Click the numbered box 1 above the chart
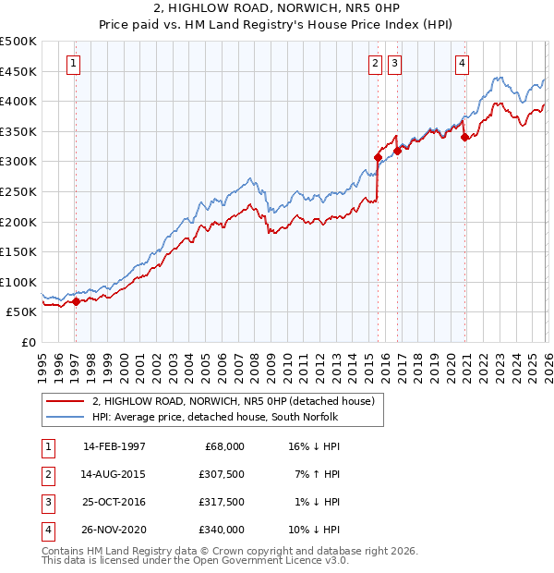coord(74,64)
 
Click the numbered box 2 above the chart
coord(375,64)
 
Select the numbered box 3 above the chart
coord(394,64)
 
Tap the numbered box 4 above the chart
coord(462,64)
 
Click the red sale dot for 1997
coord(76,301)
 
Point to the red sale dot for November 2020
coord(464,138)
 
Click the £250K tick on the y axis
coord(18,191)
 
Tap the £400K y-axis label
coord(18,101)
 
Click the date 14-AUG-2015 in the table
coord(114,474)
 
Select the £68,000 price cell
coord(223,446)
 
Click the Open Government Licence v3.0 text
coord(277,560)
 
